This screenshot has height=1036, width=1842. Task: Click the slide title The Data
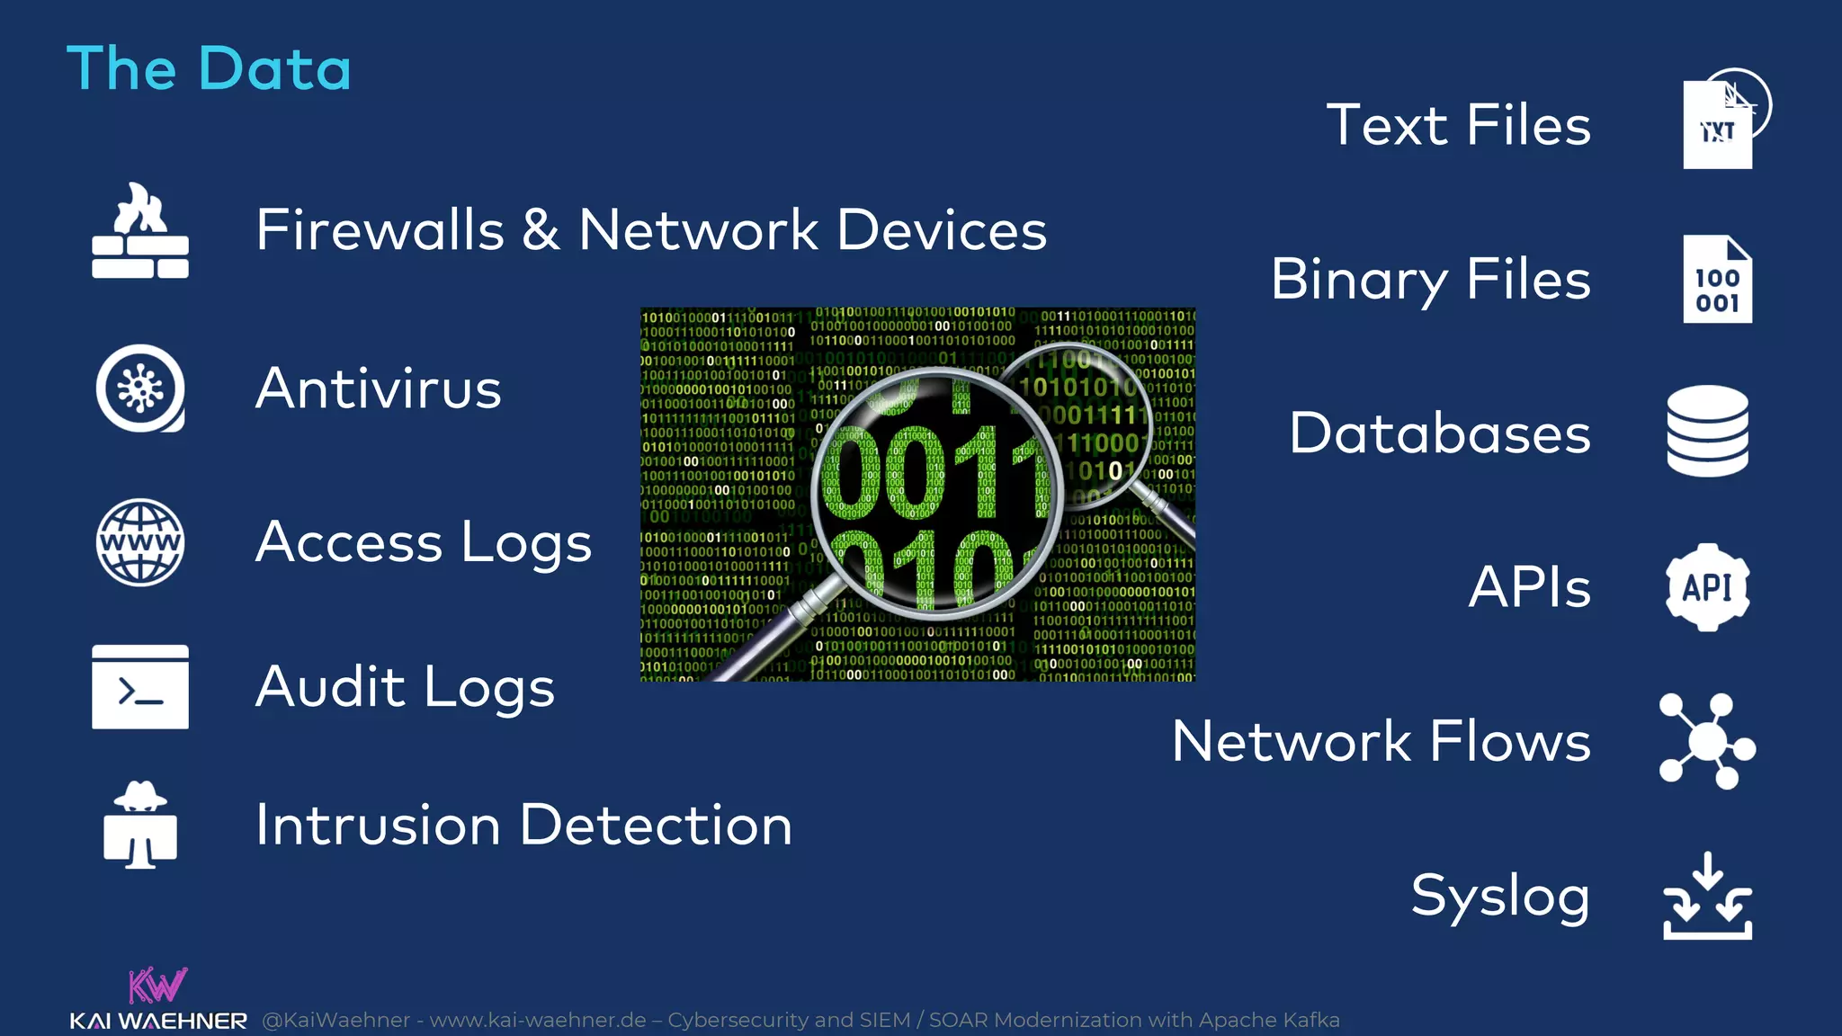(209, 68)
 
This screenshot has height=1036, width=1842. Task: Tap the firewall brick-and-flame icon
(140, 231)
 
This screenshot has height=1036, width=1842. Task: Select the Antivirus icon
(140, 388)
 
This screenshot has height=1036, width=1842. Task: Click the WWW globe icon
(140, 542)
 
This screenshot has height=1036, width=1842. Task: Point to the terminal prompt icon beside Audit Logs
(140, 687)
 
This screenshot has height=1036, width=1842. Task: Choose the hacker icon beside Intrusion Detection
(140, 825)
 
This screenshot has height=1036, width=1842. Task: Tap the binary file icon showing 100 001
(1717, 280)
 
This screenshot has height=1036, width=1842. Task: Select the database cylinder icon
(1707, 432)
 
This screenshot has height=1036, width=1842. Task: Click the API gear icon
(1707, 587)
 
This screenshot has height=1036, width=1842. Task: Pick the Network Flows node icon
(1706, 742)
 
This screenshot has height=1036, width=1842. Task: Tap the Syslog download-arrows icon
(1707, 897)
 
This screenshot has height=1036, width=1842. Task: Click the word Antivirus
(379, 388)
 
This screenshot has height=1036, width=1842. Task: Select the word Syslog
(1500, 897)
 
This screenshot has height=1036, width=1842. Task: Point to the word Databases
(1439, 433)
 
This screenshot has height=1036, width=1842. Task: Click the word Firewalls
(380, 230)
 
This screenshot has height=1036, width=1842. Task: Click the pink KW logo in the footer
(157, 986)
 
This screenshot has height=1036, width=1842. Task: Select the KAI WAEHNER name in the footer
(158, 1022)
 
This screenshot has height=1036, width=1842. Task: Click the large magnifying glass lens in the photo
(935, 495)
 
